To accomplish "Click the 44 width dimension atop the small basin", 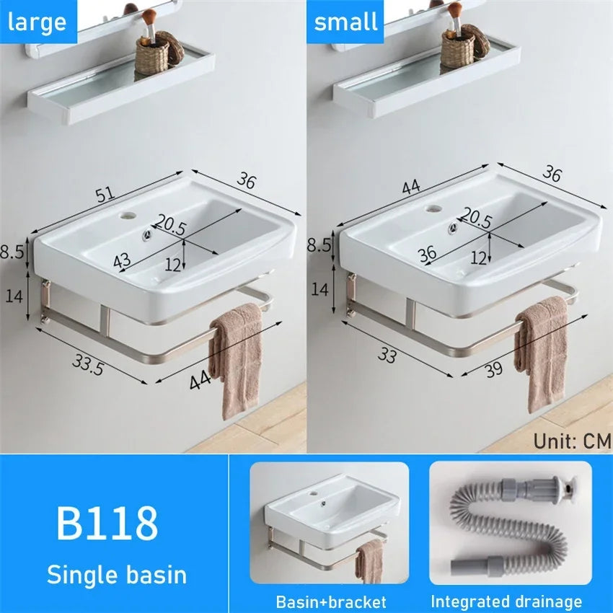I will (x=411, y=188).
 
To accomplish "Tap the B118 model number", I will (x=107, y=524).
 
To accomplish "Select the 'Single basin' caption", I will (x=117, y=574).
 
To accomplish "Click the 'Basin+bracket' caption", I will (x=331, y=601).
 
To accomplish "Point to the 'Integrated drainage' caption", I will (x=506, y=601).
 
